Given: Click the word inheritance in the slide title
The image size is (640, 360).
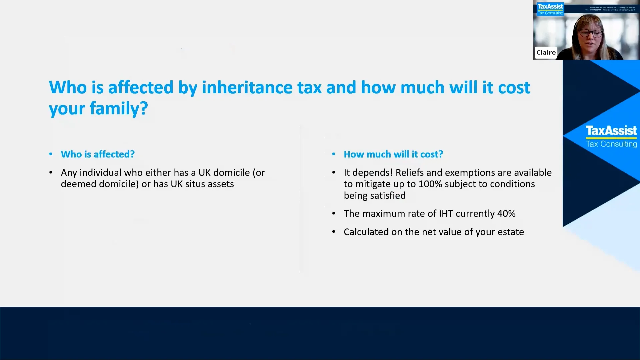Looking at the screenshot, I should (247, 88).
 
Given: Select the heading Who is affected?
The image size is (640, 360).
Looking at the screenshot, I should (98, 154).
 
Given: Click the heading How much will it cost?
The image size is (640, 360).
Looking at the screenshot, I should (393, 154).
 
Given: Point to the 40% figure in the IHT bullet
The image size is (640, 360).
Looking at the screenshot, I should (506, 214).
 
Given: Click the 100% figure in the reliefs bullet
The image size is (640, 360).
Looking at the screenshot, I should (430, 184).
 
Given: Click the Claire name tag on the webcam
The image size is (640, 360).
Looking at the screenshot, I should (546, 53).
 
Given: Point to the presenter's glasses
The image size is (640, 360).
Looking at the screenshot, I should (590, 33).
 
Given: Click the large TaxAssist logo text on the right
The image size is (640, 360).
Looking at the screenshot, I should (611, 130).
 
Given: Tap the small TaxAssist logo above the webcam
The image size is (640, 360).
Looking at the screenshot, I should (550, 7).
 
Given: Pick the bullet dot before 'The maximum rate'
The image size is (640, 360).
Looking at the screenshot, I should (333, 214).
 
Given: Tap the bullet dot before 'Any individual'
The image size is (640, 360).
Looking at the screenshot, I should (51, 173).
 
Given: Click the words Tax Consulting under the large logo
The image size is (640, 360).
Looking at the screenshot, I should (611, 144).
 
